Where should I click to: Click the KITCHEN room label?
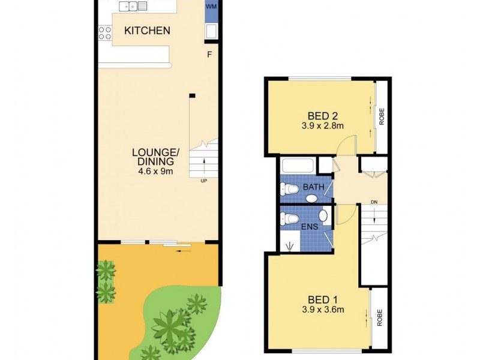tap(147, 31)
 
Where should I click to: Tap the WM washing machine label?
tap(211, 6)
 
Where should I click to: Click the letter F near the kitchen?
tap(209, 55)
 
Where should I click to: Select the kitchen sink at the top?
tap(133, 6)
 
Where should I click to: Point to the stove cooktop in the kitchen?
tap(104, 33)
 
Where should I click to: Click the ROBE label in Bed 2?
tap(381, 116)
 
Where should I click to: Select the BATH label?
tap(313, 187)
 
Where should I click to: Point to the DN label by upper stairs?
tap(374, 202)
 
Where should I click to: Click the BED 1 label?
tap(319, 299)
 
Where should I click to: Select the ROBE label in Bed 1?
tap(380, 317)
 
